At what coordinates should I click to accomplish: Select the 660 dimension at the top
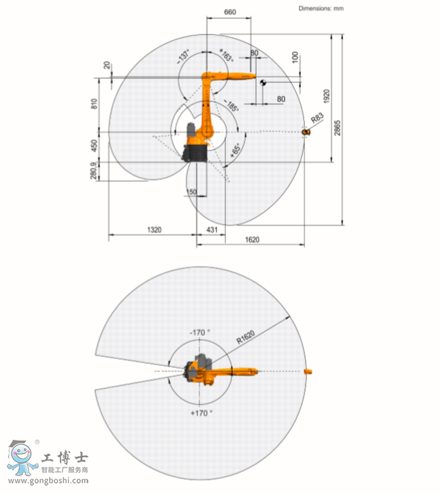(230, 12)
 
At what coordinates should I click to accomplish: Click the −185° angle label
(231, 105)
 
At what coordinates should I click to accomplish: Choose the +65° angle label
(235, 152)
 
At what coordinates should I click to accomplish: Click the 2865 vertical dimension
(338, 128)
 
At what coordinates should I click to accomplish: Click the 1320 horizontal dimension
(154, 230)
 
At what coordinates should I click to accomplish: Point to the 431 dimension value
(212, 230)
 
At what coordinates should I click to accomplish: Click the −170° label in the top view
(200, 332)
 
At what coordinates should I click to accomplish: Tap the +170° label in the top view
(201, 412)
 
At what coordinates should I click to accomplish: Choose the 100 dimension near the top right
(295, 57)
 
